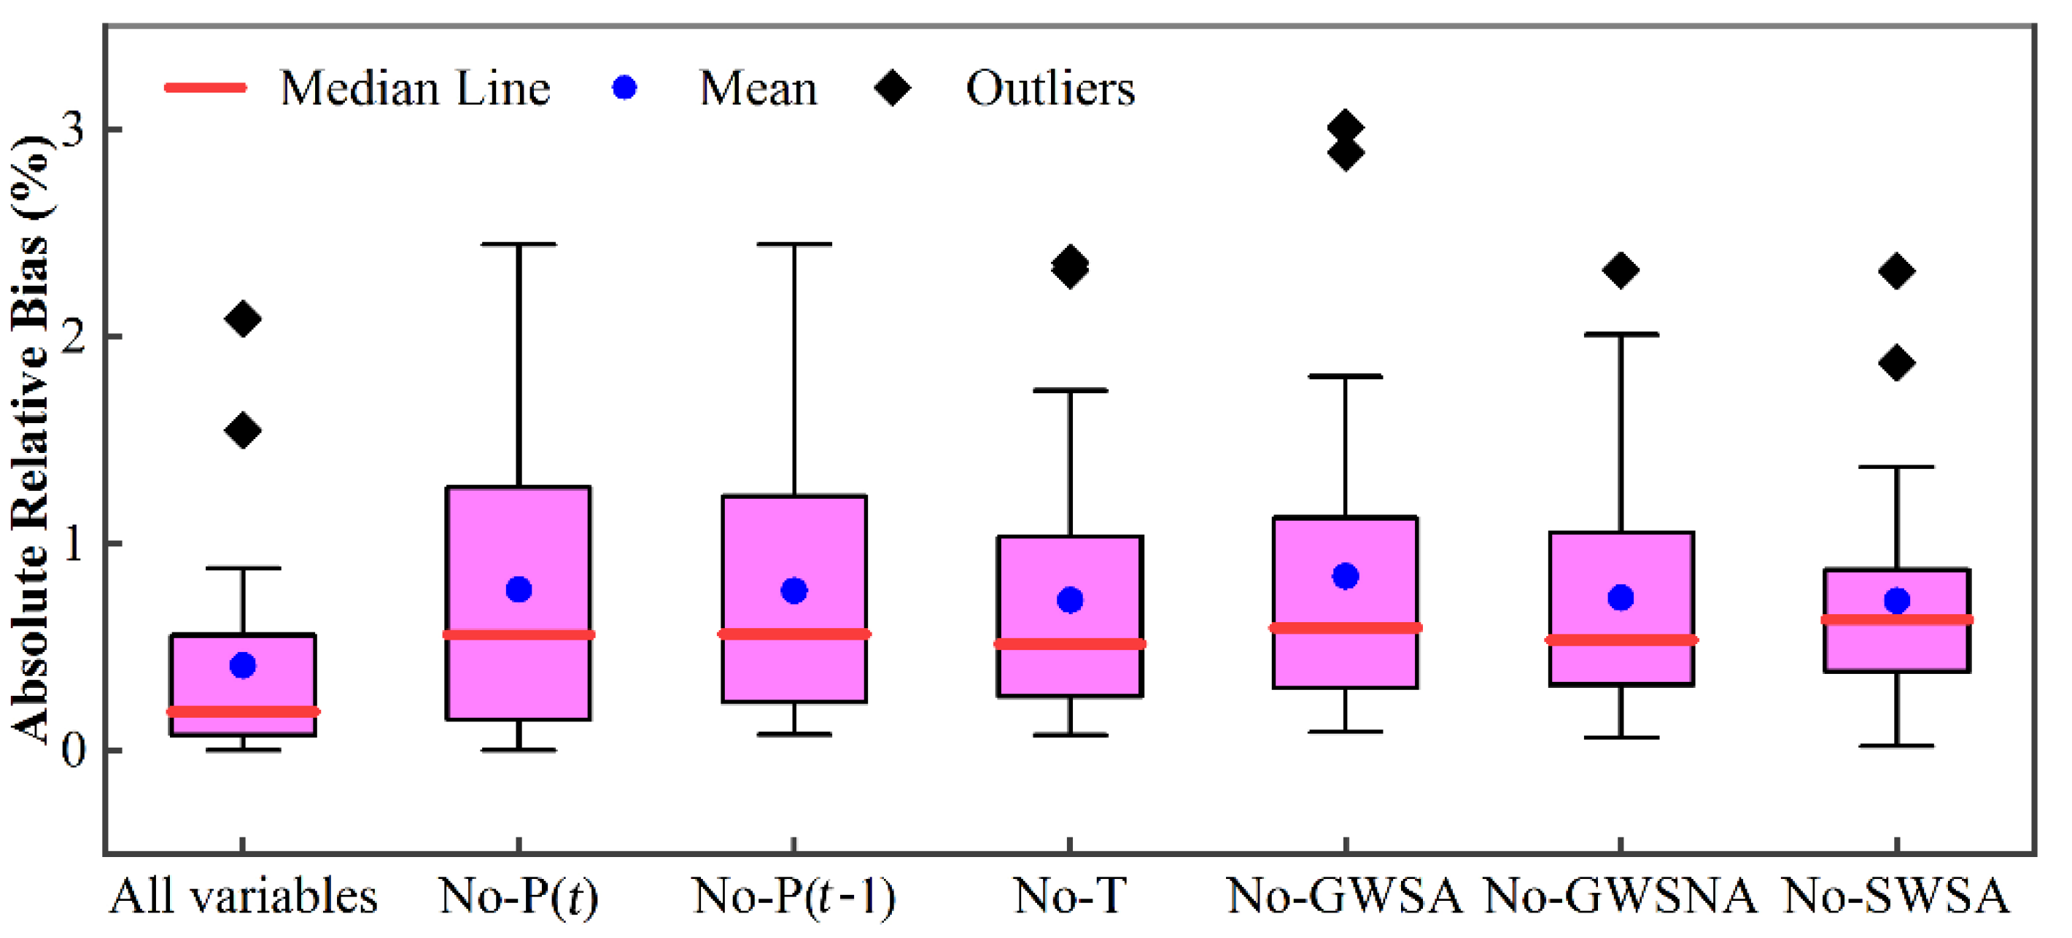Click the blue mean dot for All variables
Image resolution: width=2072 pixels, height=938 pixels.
point(242,665)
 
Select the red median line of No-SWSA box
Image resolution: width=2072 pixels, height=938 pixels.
point(1896,619)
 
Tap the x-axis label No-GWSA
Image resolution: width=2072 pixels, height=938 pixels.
point(1345,896)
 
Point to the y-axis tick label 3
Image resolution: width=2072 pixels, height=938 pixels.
point(72,128)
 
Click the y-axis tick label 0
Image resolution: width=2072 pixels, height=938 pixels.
point(72,750)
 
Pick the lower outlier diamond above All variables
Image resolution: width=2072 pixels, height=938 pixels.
point(242,431)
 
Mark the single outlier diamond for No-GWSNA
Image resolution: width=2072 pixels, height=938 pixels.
point(1620,271)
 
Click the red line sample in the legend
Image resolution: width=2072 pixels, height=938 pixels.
point(205,88)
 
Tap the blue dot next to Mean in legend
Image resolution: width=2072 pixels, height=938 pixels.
point(624,88)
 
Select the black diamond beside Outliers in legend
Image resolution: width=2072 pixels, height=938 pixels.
point(892,88)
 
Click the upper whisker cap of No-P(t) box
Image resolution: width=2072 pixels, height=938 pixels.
point(519,244)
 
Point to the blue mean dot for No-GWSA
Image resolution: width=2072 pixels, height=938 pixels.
point(1345,576)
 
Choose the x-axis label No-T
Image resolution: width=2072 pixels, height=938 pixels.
point(1070,896)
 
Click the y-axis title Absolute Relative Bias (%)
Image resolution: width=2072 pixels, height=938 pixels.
point(31,438)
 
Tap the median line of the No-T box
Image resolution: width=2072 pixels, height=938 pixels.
point(1070,643)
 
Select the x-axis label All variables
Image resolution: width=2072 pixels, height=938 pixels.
point(243,896)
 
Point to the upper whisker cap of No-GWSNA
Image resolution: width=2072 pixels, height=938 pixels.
point(1621,334)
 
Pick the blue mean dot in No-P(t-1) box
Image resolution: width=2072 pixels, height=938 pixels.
point(794,591)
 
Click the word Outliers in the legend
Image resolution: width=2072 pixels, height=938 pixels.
point(1049,88)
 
